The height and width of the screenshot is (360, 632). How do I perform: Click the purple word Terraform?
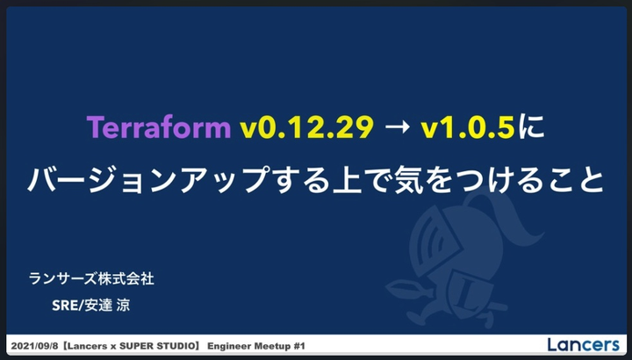pos(158,128)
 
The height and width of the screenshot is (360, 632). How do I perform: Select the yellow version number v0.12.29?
pos(306,128)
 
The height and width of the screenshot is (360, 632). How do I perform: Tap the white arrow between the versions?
pos(398,128)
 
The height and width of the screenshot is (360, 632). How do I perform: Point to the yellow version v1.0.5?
pos(468,128)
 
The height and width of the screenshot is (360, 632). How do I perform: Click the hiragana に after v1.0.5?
pos(531,127)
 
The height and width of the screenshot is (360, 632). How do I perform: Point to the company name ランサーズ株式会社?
pos(91,278)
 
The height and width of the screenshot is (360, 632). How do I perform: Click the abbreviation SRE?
pos(64,306)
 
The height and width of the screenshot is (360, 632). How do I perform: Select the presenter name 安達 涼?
pos(107,306)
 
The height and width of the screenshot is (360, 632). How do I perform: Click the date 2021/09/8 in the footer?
pos(34,346)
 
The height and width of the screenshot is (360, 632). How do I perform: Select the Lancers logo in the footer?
pos(583,345)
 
